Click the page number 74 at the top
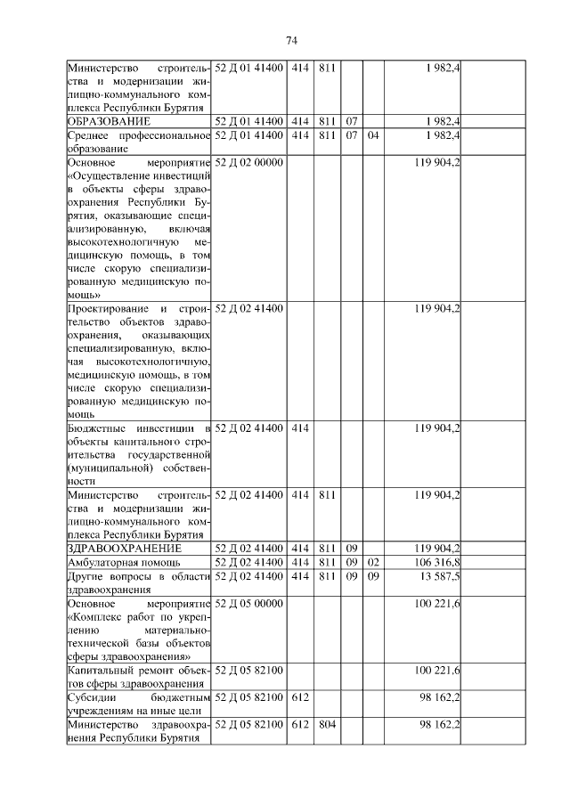pos(291,40)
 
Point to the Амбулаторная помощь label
pos(124,563)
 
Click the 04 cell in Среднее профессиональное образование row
pos(372,135)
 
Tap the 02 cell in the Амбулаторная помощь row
pos(372,563)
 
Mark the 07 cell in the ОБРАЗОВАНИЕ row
pos(352,119)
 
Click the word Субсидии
pos(94,696)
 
